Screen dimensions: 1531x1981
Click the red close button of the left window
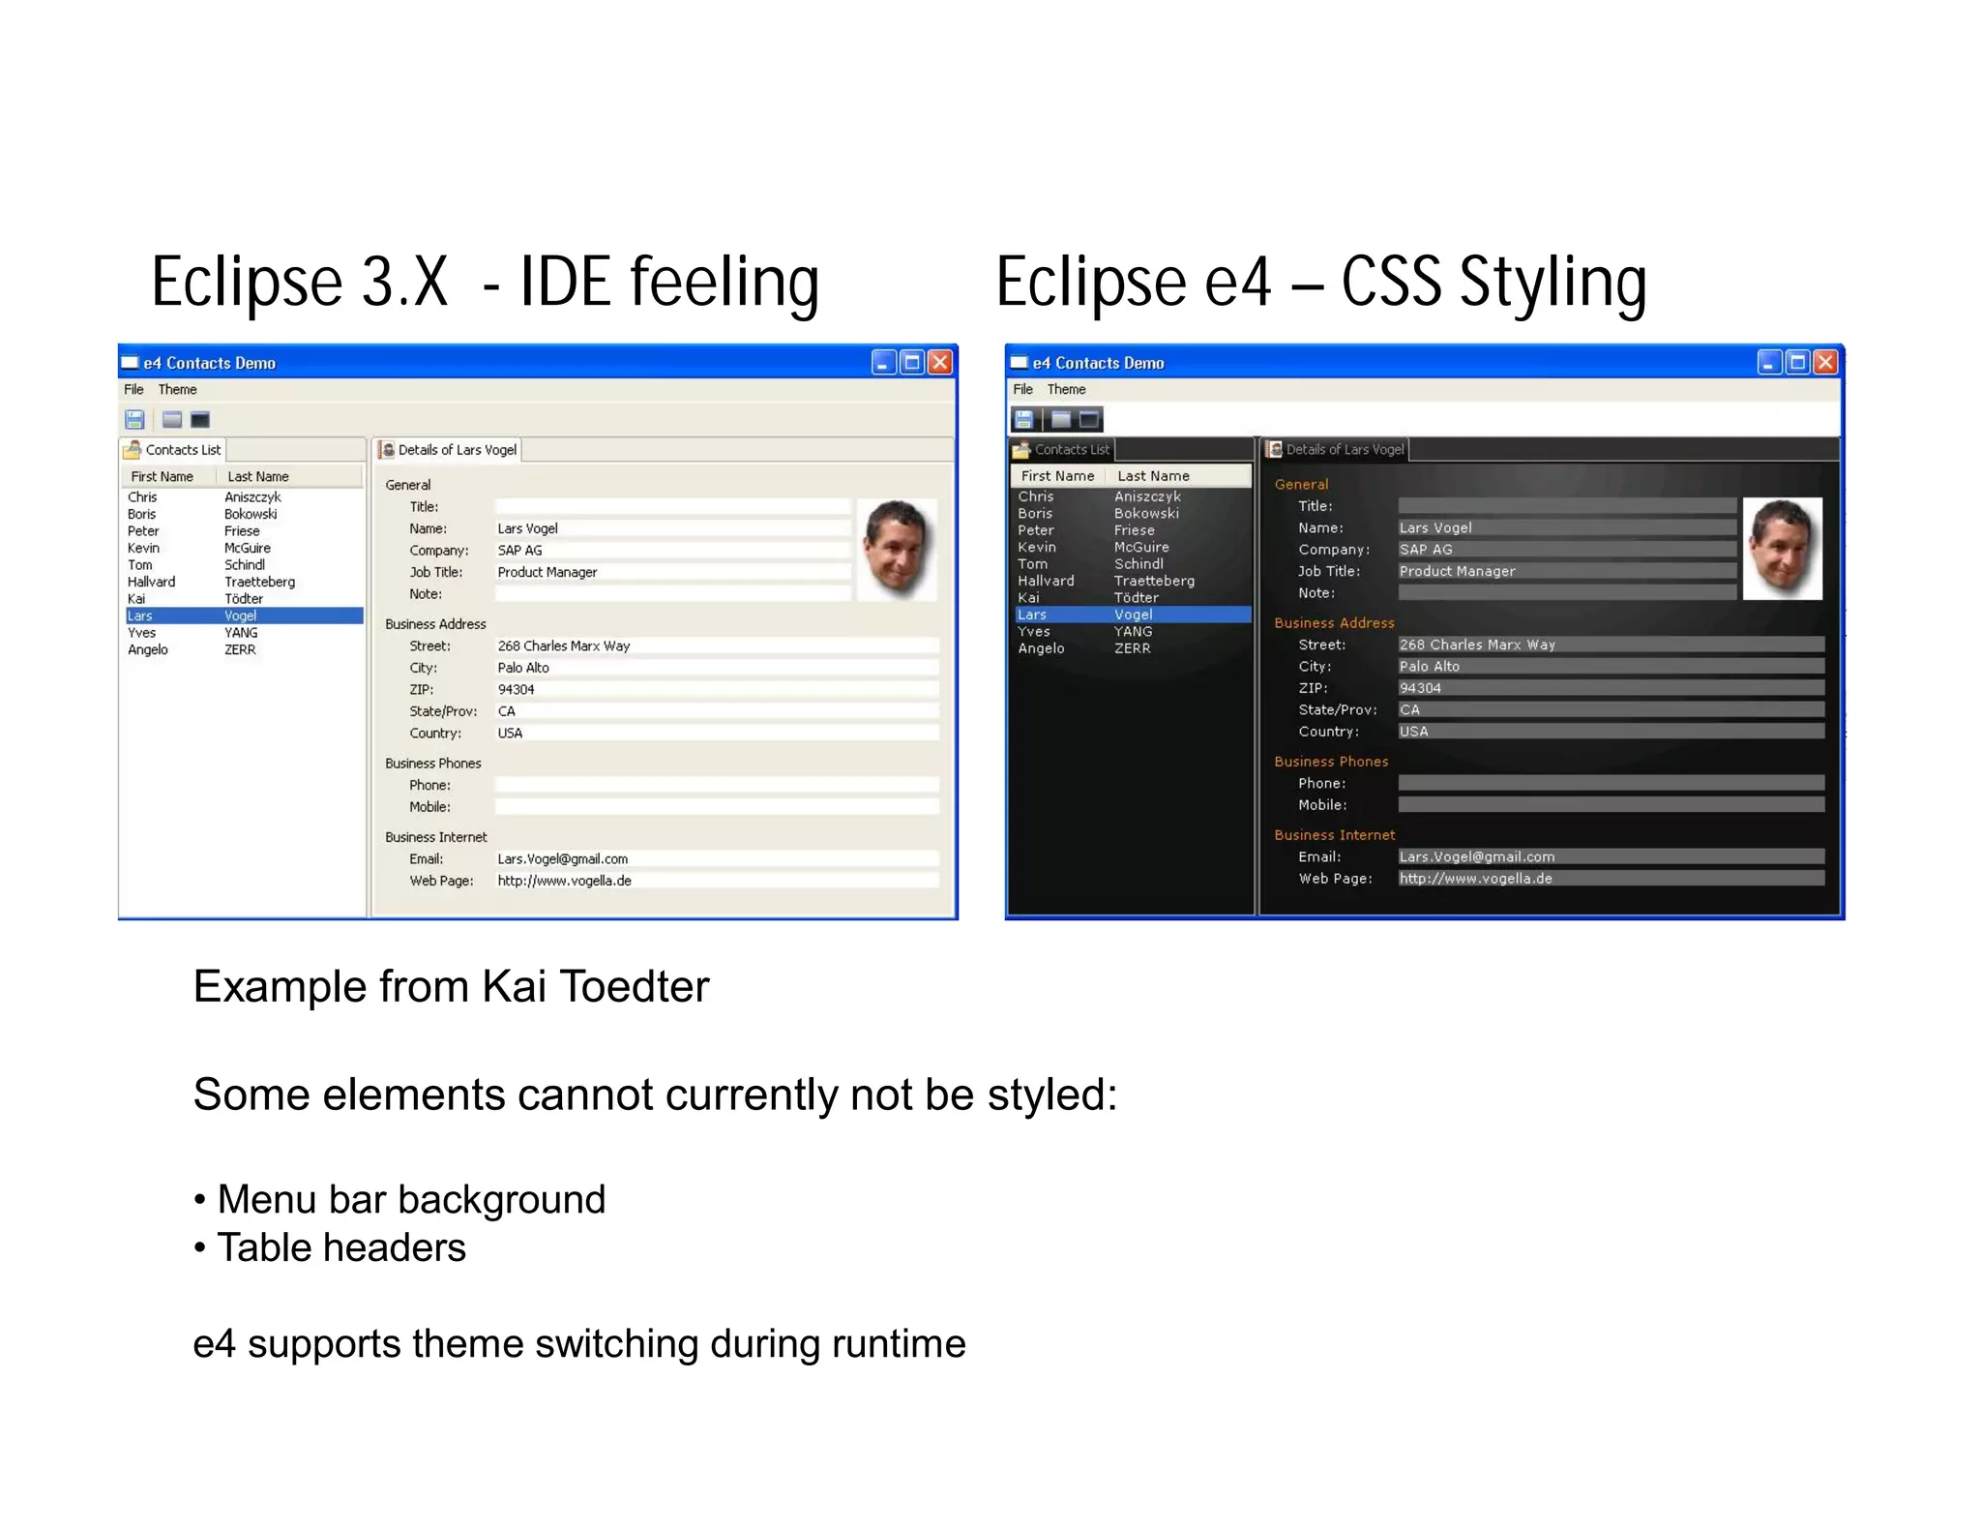(x=939, y=362)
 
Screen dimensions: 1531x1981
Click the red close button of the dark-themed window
(x=1825, y=362)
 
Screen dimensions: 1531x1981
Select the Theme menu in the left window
(x=177, y=389)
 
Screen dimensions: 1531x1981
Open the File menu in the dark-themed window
(x=1022, y=389)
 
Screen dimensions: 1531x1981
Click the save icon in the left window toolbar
(x=134, y=419)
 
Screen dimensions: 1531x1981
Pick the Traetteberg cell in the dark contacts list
(x=1154, y=581)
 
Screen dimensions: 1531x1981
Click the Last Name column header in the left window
(x=258, y=476)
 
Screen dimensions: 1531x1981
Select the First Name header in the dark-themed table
(x=1057, y=476)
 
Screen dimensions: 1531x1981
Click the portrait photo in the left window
(x=897, y=548)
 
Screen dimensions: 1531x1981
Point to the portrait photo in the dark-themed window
(x=1782, y=548)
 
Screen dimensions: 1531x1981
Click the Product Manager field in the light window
(x=667, y=572)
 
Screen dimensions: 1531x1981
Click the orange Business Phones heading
(x=1331, y=762)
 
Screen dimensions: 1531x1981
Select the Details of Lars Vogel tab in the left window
(x=450, y=450)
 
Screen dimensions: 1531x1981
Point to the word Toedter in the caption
(x=634, y=987)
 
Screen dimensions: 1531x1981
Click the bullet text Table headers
(x=340, y=1247)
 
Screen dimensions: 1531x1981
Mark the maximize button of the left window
(x=911, y=362)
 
